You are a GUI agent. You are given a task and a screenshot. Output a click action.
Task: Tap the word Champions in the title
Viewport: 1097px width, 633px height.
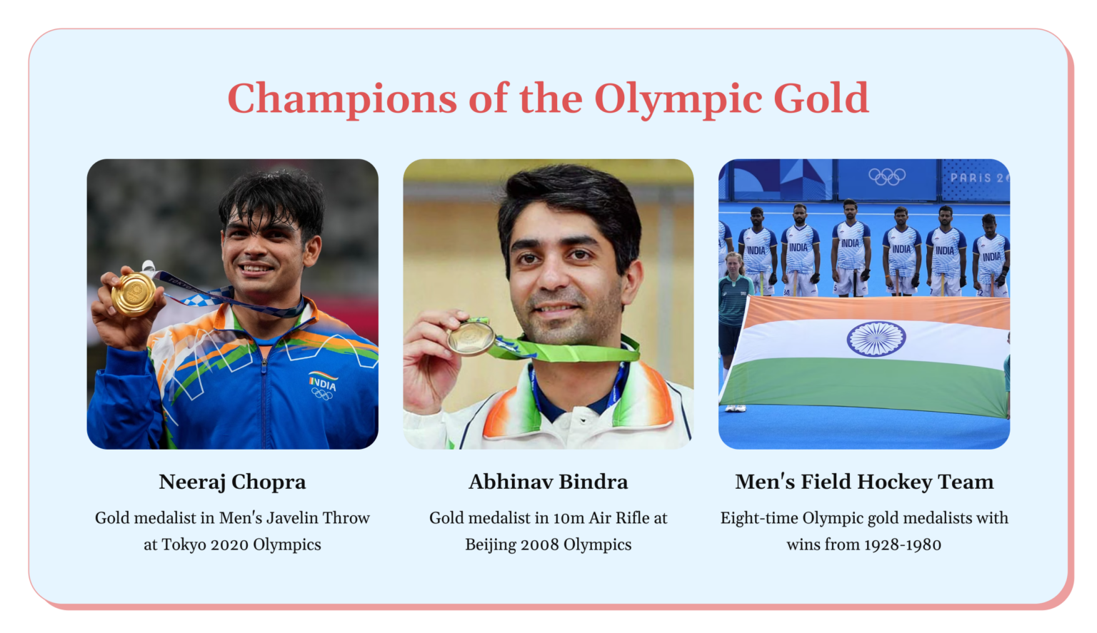(341, 98)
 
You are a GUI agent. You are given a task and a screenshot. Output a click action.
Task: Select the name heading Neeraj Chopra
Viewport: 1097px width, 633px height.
(232, 482)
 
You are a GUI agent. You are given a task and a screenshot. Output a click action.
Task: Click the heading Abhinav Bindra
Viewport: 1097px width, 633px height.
(548, 482)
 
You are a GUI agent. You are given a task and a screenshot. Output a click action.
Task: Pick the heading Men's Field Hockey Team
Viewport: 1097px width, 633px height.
(864, 482)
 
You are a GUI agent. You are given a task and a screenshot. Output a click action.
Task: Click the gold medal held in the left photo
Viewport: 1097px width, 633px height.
(134, 293)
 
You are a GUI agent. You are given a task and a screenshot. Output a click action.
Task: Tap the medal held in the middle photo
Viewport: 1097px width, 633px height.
(471, 338)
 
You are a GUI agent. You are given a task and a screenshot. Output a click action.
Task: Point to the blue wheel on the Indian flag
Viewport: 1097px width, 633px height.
(876, 338)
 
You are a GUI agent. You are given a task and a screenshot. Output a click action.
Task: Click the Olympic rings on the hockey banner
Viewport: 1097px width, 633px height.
(887, 176)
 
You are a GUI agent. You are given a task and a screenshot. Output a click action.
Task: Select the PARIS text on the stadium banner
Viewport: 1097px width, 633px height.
(971, 178)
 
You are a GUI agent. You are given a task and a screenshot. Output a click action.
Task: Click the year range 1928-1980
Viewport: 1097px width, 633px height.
(903, 545)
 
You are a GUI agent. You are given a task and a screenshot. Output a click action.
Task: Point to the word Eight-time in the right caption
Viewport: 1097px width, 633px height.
(758, 518)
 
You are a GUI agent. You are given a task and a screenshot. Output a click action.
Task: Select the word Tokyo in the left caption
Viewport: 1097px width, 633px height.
(184, 545)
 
